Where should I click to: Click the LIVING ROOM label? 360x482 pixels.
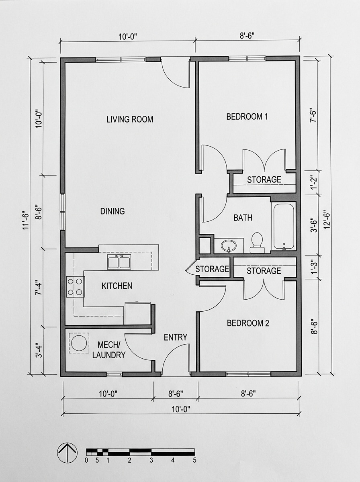pyautogui.click(x=130, y=119)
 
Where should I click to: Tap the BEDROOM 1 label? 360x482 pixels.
pyautogui.click(x=247, y=117)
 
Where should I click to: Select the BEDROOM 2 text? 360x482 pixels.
pyautogui.click(x=248, y=323)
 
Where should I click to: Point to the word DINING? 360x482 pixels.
pyautogui.click(x=112, y=211)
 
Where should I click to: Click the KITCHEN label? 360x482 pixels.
pyautogui.click(x=117, y=286)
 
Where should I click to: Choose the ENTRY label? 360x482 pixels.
pyautogui.click(x=175, y=337)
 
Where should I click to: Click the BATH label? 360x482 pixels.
pyautogui.click(x=243, y=218)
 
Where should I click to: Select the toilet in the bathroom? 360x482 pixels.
pyautogui.click(x=257, y=242)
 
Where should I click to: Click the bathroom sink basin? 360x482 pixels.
pyautogui.click(x=228, y=245)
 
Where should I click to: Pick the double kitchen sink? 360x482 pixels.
pyautogui.click(x=119, y=261)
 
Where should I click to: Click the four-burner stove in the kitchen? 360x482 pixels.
pyautogui.click(x=75, y=287)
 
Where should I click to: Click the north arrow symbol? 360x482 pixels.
pyautogui.click(x=67, y=453)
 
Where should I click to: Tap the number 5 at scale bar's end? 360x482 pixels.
pyautogui.click(x=194, y=461)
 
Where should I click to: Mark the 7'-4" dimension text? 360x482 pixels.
pyautogui.click(x=39, y=287)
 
